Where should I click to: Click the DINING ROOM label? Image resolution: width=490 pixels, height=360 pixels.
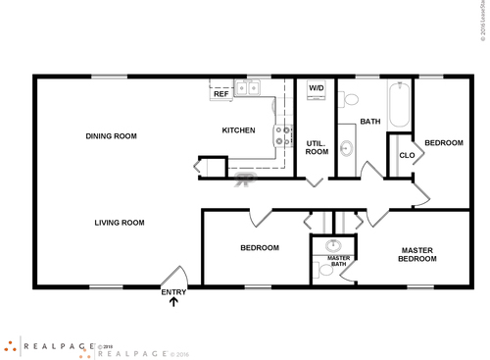pos(111,136)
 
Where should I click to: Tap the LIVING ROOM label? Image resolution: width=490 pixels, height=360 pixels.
pos(120,223)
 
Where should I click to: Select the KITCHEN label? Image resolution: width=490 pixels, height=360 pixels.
pos(239,130)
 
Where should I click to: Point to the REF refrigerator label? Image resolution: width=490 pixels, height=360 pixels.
pos(221,94)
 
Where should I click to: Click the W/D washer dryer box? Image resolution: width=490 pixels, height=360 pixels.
pos(317,88)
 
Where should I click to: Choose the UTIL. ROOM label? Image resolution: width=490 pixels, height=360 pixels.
pos(316,148)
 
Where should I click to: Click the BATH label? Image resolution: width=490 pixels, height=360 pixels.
pos(370,122)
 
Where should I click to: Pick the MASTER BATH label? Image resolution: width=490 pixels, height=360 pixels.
pos(338,261)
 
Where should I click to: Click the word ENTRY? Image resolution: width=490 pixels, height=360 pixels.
pos(172,291)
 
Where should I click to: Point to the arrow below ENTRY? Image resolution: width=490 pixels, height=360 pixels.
pos(173,302)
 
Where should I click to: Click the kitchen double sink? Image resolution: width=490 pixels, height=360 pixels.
pos(246,89)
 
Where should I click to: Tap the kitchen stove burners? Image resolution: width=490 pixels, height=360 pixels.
pos(282,136)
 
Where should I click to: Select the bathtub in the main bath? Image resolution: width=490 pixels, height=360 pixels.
pos(400,106)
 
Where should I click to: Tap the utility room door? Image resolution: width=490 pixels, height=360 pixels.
pos(316,181)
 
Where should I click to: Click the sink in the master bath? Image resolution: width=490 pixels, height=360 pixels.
pos(332,244)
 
